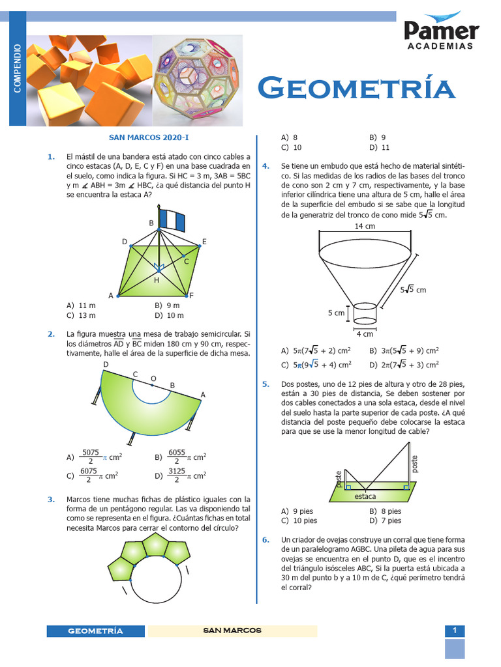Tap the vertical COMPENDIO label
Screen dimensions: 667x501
(x=18, y=68)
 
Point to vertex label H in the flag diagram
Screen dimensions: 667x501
(x=157, y=280)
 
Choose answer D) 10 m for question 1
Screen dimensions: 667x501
(x=171, y=315)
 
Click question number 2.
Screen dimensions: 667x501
(x=51, y=334)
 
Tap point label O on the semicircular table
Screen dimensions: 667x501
(x=153, y=378)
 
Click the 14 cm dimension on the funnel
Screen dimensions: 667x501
(x=365, y=227)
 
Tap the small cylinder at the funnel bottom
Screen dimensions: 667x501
(x=365, y=313)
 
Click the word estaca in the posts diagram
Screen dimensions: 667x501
(x=366, y=496)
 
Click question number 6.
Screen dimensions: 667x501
(x=266, y=540)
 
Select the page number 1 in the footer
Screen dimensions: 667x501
(x=455, y=630)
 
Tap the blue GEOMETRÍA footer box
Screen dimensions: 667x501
(x=96, y=631)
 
